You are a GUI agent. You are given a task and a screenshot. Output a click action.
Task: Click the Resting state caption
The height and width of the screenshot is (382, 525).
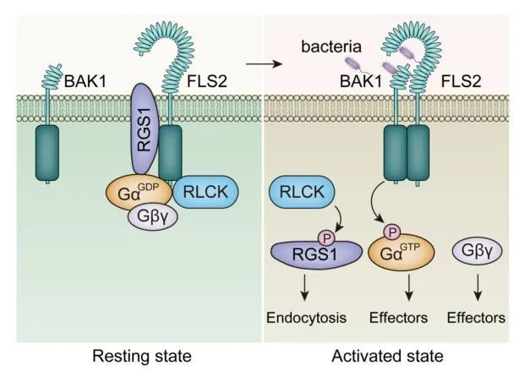141,357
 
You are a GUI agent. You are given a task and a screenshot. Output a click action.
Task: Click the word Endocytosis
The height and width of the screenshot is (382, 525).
301,319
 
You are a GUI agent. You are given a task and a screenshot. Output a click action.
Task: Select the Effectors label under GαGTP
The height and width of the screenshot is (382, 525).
396,319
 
